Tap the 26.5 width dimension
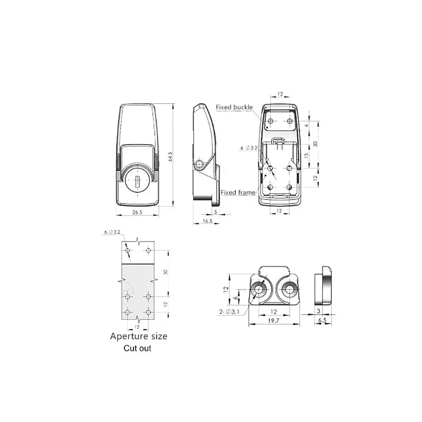click(x=137, y=213)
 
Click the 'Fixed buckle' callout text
click(x=234, y=107)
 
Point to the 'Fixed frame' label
click(x=236, y=192)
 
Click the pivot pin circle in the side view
click(x=199, y=164)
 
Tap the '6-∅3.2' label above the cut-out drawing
click(x=112, y=232)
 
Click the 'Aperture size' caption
click(x=138, y=335)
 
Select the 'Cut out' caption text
click(x=137, y=348)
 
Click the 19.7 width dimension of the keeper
click(x=273, y=320)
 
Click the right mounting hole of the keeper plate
click(x=289, y=289)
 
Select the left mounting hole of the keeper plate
click(x=258, y=289)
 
